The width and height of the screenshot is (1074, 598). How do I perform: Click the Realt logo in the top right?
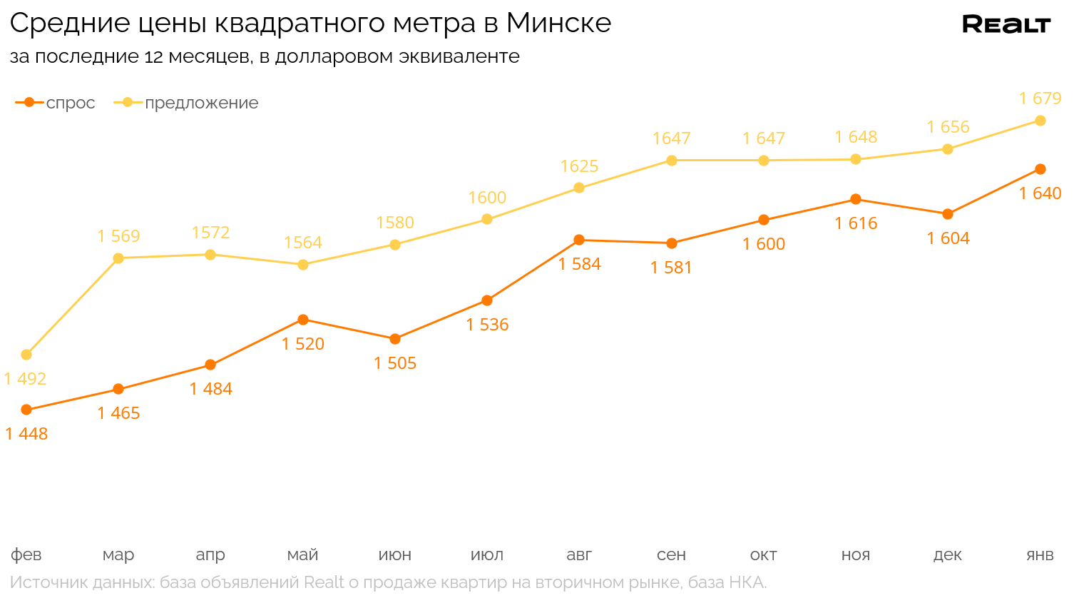click(x=1006, y=24)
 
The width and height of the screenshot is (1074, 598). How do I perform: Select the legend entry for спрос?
click(x=56, y=103)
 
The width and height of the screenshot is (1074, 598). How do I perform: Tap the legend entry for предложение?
click(x=186, y=103)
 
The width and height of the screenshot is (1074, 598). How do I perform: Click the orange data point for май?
click(x=303, y=320)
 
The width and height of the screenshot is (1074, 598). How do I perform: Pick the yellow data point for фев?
click(x=26, y=355)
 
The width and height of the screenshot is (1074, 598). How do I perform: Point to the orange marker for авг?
click(x=579, y=240)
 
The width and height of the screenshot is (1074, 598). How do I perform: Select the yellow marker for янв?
click(x=1040, y=121)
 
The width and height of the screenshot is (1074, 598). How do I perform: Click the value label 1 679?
click(x=1040, y=98)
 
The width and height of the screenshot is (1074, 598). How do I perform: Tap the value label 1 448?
click(x=26, y=434)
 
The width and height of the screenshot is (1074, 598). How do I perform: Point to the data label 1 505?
click(x=395, y=363)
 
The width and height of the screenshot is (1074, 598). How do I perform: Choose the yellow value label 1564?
click(x=303, y=243)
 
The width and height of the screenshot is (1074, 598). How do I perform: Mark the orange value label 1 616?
click(x=856, y=223)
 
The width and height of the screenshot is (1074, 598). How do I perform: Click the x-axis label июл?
click(x=487, y=555)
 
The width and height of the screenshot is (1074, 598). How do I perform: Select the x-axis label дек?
click(x=948, y=555)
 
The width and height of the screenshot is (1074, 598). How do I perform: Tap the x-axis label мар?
click(x=118, y=555)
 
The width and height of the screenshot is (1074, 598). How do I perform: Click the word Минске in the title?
click(x=558, y=24)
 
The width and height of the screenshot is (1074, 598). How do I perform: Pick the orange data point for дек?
click(x=948, y=214)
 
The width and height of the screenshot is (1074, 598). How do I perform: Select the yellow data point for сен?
click(x=671, y=161)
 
